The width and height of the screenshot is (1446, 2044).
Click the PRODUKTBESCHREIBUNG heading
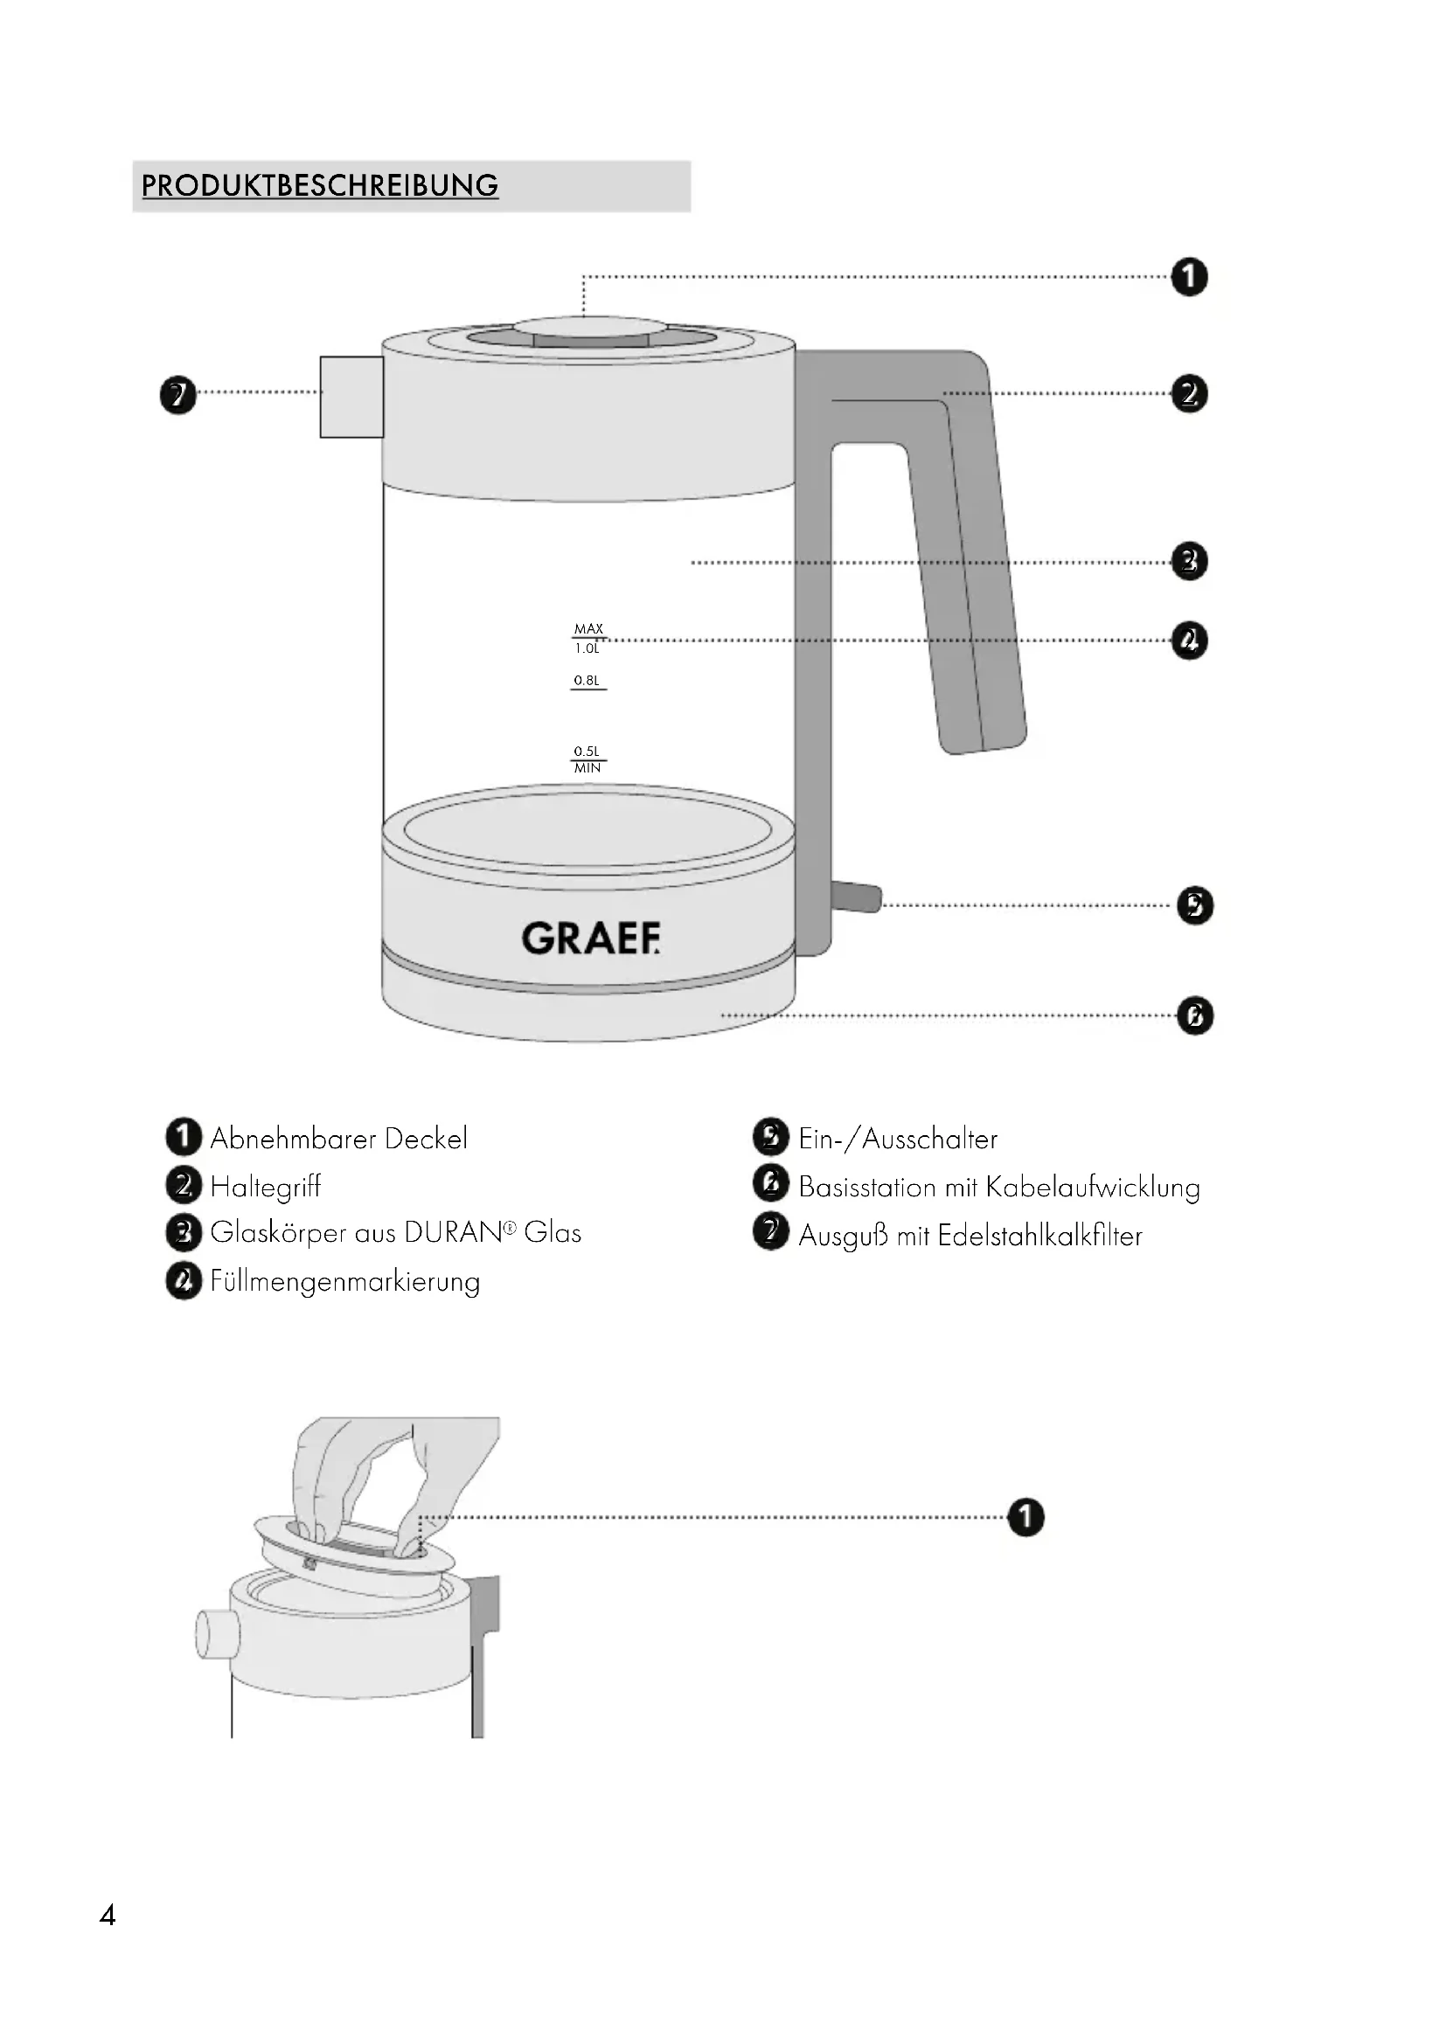pyautogui.click(x=320, y=185)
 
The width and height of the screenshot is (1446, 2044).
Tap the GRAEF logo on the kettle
pyautogui.click(x=590, y=939)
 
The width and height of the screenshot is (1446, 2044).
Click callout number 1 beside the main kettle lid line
pyautogui.click(x=1190, y=277)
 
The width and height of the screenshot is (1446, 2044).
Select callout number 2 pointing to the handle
pyautogui.click(x=1190, y=393)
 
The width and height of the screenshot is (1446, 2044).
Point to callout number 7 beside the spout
pyautogui.click(x=178, y=394)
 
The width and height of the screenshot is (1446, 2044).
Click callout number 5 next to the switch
pyautogui.click(x=1195, y=905)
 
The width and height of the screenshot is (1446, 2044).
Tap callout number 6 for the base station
pyautogui.click(x=1195, y=1015)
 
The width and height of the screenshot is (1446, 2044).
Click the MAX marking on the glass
pyautogui.click(x=588, y=628)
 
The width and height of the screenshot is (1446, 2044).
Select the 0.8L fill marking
pyautogui.click(x=587, y=680)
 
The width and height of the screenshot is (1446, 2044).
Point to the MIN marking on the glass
pyautogui.click(x=587, y=768)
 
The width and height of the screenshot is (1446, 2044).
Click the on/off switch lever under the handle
pyautogui.click(x=857, y=897)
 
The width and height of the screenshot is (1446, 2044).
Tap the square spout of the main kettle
pyautogui.click(x=351, y=397)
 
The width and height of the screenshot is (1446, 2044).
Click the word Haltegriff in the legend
pyautogui.click(x=266, y=1187)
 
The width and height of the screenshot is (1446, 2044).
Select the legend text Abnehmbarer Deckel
pyautogui.click(x=338, y=1139)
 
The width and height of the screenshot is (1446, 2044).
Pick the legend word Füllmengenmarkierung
pyautogui.click(x=345, y=1282)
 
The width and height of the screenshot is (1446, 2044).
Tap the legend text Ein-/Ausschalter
pyautogui.click(x=898, y=1139)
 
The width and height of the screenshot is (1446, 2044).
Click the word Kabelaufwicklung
pyautogui.click(x=1093, y=1188)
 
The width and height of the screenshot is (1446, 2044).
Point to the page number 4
pyautogui.click(x=108, y=1915)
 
